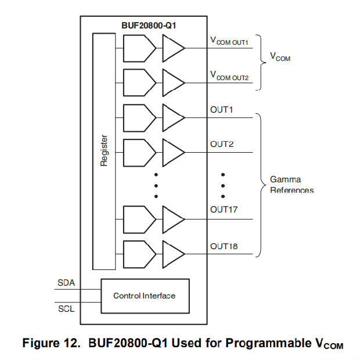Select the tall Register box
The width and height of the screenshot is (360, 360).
pyautogui.click(x=104, y=151)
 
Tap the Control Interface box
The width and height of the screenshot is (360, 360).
pyautogui.click(x=144, y=296)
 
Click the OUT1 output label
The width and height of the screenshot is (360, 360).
pyautogui.click(x=222, y=110)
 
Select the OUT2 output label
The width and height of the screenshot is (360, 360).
pyautogui.click(x=222, y=144)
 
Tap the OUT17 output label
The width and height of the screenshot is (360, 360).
pyautogui.click(x=224, y=209)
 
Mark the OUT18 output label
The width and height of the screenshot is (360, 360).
pyautogui.click(x=224, y=246)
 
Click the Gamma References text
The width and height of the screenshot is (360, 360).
pyautogui.click(x=291, y=185)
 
